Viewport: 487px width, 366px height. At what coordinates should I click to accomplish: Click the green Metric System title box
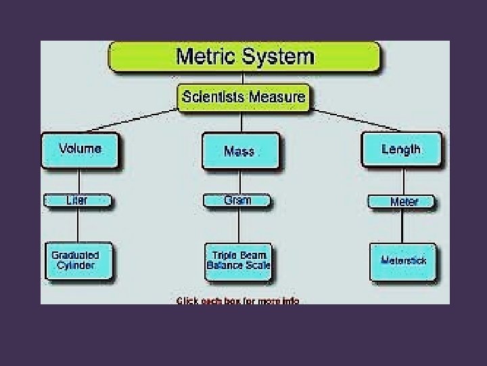tap(245, 56)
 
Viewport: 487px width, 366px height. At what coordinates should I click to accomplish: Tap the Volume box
tap(80, 149)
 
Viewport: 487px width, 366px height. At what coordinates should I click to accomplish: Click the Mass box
tap(239, 150)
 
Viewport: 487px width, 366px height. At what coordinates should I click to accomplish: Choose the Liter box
tap(77, 201)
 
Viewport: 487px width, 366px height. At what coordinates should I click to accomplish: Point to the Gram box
tap(237, 200)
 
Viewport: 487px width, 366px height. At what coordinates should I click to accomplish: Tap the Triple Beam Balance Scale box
tap(238, 260)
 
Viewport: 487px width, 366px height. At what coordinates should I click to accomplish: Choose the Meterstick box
tap(403, 260)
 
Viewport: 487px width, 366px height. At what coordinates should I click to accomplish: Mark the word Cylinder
tap(76, 266)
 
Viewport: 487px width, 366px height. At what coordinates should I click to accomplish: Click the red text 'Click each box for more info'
tap(238, 300)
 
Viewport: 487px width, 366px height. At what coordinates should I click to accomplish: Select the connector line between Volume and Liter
tap(80, 181)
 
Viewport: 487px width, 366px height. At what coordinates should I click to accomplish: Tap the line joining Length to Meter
tap(402, 181)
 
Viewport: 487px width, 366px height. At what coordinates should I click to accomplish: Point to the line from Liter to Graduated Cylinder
tap(78, 224)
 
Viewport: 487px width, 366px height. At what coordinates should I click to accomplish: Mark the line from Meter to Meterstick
tap(402, 226)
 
